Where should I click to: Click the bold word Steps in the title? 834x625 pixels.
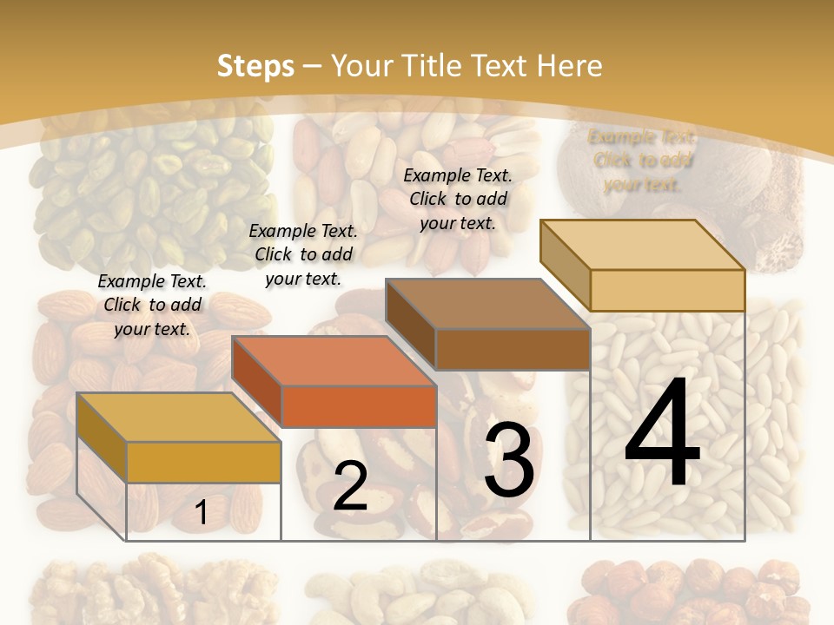pos(255,66)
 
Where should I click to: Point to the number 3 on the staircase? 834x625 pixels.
pos(509,461)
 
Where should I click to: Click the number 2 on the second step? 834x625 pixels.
pos(350,486)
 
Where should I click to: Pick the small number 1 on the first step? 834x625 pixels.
pos(201,513)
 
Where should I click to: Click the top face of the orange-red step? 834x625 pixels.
pos(334,361)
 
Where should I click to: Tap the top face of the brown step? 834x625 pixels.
pos(487,304)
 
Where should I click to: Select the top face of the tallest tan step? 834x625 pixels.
pos(643,245)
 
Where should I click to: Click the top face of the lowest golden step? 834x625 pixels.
pos(178,418)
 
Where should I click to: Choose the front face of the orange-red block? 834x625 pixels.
pos(359,406)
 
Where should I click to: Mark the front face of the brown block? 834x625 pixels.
pos(513,349)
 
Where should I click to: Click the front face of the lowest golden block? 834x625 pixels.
pos(203,462)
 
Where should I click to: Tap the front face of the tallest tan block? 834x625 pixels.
pos(667,290)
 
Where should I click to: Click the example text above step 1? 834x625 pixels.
pos(152,305)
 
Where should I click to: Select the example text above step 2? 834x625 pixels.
pos(303,254)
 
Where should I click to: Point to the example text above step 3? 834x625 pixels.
pos(458,199)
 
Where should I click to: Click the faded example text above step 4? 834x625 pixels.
pos(642,160)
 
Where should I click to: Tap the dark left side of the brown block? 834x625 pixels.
pos(410,326)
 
